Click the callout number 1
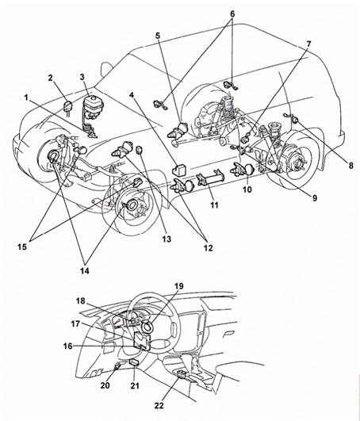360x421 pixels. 26,98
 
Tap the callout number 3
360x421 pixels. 82,78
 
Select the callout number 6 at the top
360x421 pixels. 232,14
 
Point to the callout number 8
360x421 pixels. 350,166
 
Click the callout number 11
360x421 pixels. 214,205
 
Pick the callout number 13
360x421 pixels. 167,239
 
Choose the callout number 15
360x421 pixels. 22,247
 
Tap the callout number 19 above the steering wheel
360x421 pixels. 179,286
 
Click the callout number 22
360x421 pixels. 159,405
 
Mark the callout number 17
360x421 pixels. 75,324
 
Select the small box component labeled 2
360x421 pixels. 67,105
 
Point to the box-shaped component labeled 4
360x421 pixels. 179,170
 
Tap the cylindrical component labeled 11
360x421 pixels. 209,178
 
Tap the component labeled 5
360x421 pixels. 178,130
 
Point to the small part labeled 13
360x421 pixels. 140,150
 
